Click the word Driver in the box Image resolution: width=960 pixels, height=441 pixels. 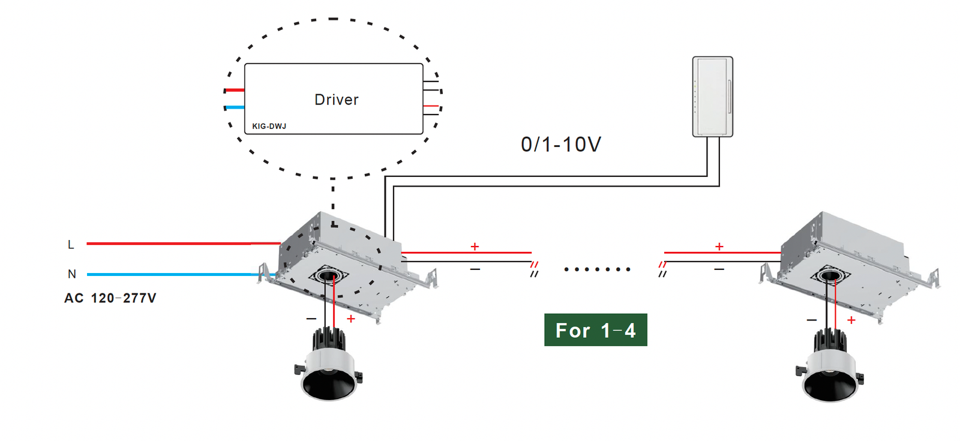pos(337,100)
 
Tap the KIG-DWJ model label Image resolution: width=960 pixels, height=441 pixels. pos(269,126)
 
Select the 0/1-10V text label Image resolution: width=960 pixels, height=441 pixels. pos(561,145)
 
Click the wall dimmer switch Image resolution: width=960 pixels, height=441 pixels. pos(713,97)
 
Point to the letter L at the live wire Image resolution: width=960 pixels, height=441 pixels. pos(71,244)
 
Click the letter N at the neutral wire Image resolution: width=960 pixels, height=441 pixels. pos(72,274)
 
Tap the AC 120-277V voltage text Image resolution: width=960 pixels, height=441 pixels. pos(110,298)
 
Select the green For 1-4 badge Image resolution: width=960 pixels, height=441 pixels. pos(596,329)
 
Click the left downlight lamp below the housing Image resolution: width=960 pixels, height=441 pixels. pos(329,364)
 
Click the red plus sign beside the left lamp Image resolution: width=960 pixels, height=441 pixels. pos(351,319)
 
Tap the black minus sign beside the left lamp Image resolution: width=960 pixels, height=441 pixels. pos(311,319)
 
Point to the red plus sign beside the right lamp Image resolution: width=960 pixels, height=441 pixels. pos(851,320)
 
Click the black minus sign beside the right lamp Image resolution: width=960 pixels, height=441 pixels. pos(811,320)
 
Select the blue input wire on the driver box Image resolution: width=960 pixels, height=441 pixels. pos(235,107)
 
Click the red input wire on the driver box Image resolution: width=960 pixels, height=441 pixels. pos(235,90)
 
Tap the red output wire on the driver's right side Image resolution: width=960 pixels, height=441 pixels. pos(431,106)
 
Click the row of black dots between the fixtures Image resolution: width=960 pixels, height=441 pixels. pos(597,269)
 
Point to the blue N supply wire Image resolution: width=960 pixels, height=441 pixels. pos(181,274)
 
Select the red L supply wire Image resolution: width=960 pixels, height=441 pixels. pos(184,244)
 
